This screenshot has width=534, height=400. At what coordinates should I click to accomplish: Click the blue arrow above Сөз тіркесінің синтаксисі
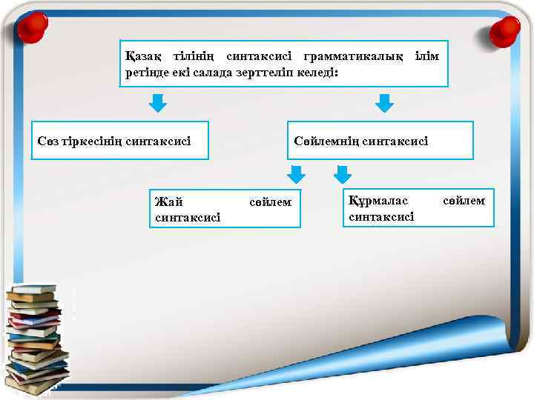(158, 102)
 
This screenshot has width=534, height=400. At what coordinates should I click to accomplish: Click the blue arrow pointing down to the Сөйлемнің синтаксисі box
(383, 102)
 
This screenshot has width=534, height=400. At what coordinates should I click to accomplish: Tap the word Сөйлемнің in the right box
(326, 140)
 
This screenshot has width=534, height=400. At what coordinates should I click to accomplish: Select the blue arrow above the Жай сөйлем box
(296, 174)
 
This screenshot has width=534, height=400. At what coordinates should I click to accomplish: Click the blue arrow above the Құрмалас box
(342, 174)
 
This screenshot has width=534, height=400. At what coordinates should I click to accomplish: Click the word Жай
(168, 201)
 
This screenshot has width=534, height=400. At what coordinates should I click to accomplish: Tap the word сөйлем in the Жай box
(271, 201)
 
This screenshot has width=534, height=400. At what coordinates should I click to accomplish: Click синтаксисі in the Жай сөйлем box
(188, 217)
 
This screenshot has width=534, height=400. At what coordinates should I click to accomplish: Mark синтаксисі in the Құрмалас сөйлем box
(381, 216)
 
